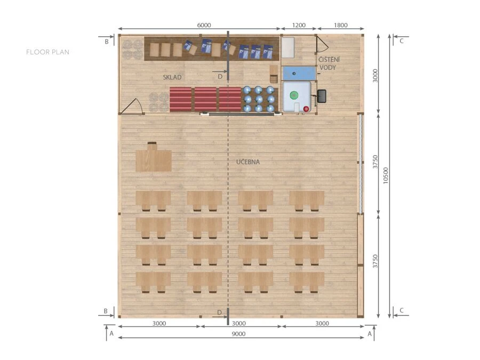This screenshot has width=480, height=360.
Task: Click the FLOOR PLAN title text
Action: point(48,52)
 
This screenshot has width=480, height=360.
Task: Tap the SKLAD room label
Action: point(172,77)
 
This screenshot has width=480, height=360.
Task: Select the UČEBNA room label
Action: point(248,162)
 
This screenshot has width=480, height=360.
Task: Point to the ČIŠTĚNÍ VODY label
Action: point(329,63)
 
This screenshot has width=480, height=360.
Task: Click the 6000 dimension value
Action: point(204,25)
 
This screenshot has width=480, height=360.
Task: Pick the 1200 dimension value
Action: point(299,25)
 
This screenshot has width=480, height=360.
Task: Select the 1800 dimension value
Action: point(340,25)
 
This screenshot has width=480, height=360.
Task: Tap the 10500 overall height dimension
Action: point(386,175)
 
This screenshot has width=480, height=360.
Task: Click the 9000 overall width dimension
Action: point(238,334)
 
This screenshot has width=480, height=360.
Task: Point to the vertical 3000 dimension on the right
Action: point(375,75)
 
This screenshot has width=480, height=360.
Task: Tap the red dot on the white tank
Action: point(306,109)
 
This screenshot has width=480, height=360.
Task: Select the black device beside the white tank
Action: point(322,96)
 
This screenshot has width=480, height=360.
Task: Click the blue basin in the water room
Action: point(299,74)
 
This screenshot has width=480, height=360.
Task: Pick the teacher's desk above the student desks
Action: point(154,158)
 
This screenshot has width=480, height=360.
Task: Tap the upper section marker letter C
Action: point(402,41)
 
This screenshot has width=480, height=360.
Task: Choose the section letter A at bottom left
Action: point(111,333)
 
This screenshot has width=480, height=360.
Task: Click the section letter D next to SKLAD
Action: point(220,76)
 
